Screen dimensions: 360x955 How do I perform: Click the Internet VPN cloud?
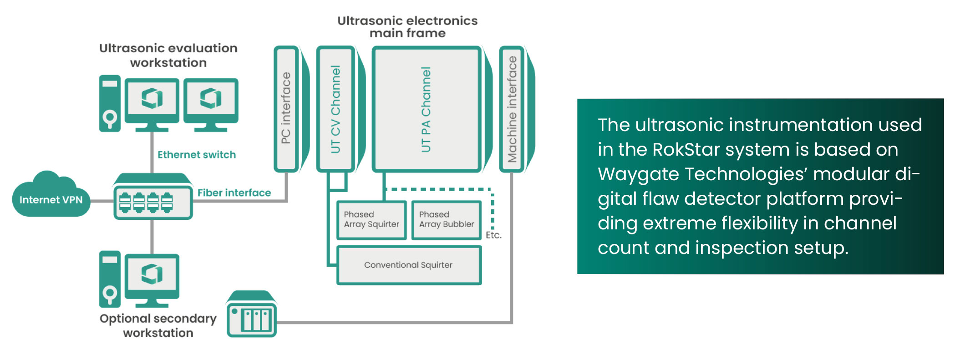(x=51, y=197)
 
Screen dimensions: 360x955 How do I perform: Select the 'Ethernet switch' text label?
(x=197, y=155)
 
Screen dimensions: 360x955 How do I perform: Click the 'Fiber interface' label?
(x=234, y=193)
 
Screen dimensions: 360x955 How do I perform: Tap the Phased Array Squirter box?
(x=371, y=220)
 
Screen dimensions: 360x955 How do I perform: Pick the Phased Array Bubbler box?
(x=446, y=220)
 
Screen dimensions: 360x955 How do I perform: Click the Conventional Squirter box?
(x=408, y=265)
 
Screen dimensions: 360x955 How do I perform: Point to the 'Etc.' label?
(x=493, y=235)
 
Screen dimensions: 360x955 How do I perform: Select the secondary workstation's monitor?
(x=152, y=276)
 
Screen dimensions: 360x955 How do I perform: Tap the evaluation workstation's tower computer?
(x=110, y=104)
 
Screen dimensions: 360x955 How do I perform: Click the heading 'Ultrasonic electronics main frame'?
(x=407, y=27)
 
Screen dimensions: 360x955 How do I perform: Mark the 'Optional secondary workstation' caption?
(x=158, y=325)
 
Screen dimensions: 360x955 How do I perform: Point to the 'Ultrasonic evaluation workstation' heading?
(x=168, y=55)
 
